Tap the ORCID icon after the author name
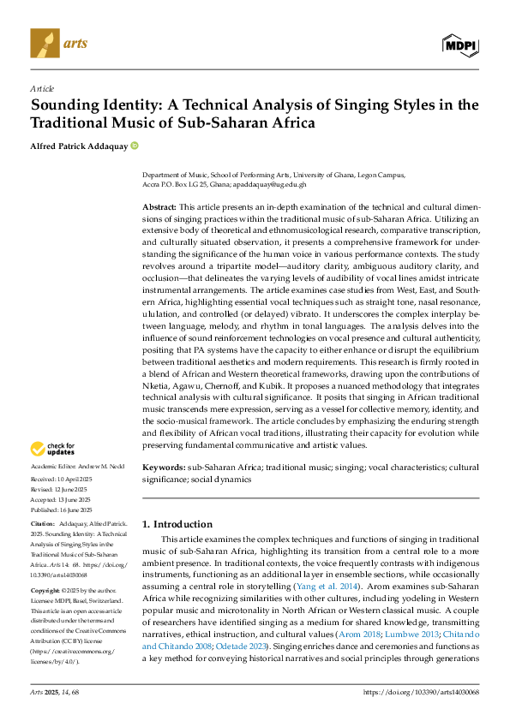pos(135,146)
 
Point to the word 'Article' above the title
pos(41,88)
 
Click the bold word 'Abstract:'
pos(159,208)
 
